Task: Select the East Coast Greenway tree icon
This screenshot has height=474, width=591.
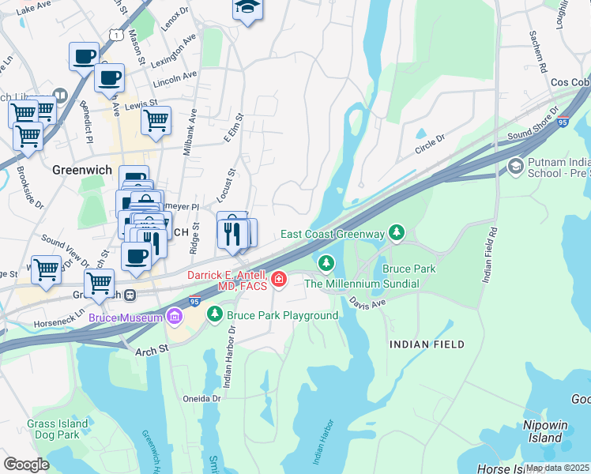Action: click(x=397, y=232)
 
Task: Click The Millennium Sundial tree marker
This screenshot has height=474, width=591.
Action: click(x=325, y=262)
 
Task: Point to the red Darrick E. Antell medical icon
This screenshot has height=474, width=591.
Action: click(x=278, y=279)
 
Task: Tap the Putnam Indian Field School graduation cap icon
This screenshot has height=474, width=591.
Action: click(x=516, y=166)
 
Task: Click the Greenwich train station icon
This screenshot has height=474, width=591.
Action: click(x=131, y=295)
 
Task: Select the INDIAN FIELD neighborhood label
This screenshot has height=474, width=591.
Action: click(x=426, y=344)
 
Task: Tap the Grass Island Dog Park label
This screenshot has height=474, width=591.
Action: click(x=53, y=429)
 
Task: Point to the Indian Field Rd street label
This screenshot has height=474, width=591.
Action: click(x=492, y=255)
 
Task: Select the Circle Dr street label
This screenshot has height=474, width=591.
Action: click(x=431, y=142)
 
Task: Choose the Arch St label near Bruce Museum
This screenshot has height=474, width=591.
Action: click(x=152, y=349)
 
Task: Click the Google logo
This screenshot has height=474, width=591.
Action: click(x=26, y=465)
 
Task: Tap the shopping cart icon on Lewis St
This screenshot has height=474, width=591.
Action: click(x=156, y=121)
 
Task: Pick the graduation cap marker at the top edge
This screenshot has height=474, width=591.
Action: click(x=247, y=8)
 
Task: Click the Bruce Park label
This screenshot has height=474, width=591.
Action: click(x=409, y=269)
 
